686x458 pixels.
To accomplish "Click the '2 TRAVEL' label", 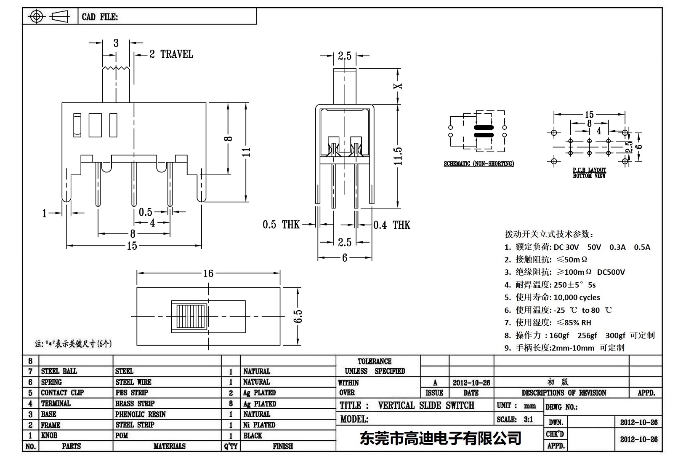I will [171, 54].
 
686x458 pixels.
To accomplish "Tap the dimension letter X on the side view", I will [398, 86].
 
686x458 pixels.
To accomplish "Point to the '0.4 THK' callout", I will [391, 225].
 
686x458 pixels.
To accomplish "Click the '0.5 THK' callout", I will [281, 225].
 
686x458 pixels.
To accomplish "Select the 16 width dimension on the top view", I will [208, 274].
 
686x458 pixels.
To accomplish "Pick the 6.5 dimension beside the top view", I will [298, 316].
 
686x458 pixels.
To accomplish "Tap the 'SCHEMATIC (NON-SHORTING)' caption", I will [479, 164].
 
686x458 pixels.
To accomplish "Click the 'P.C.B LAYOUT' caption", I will [589, 170].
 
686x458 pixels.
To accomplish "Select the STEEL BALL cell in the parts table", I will [59, 371].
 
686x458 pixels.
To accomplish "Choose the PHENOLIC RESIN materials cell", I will [141, 414].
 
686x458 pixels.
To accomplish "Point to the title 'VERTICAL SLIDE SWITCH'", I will [426, 405].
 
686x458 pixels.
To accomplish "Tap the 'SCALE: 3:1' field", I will [514, 419].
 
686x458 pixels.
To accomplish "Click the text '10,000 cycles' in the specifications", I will [577, 297].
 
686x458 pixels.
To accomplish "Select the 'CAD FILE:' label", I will [100, 17].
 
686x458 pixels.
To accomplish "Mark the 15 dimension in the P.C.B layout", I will [589, 114].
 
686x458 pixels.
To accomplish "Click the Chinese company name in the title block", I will [440, 438].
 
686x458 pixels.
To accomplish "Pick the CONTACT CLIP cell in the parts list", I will [62, 393].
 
